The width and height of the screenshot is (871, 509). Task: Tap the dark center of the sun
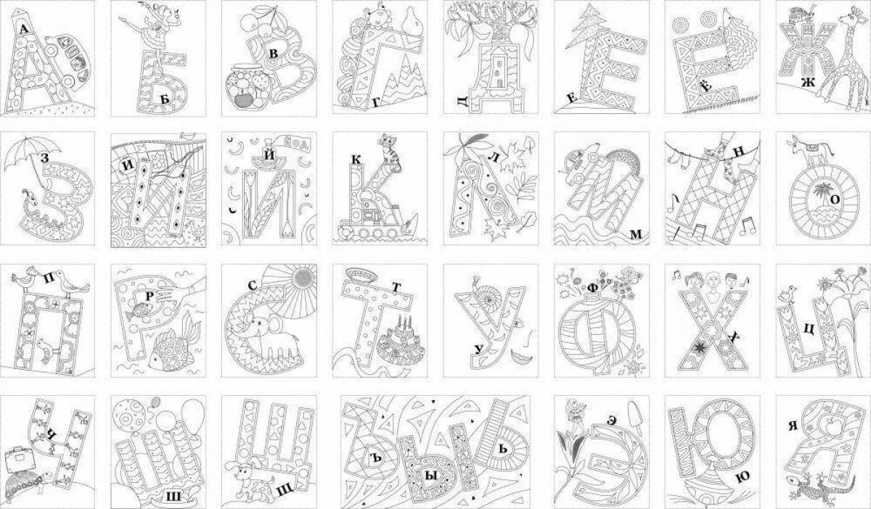(303, 278)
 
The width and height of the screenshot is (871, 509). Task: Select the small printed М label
(636, 234)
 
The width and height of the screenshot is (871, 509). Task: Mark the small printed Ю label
(743, 477)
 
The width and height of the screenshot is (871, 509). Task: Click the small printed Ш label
(173, 497)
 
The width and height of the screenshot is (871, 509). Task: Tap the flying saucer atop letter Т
(361, 275)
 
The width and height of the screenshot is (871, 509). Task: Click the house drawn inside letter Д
(499, 67)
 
